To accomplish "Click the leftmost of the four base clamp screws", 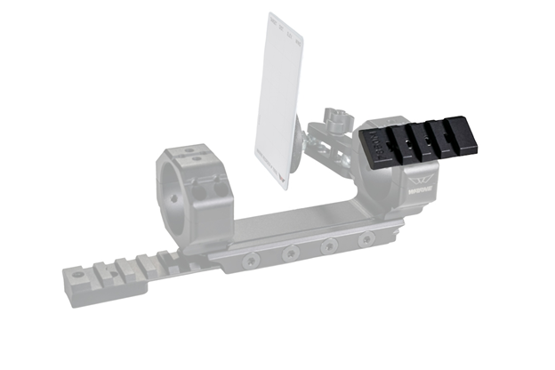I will coord(252,260).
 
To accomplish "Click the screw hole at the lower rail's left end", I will coord(76,278).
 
